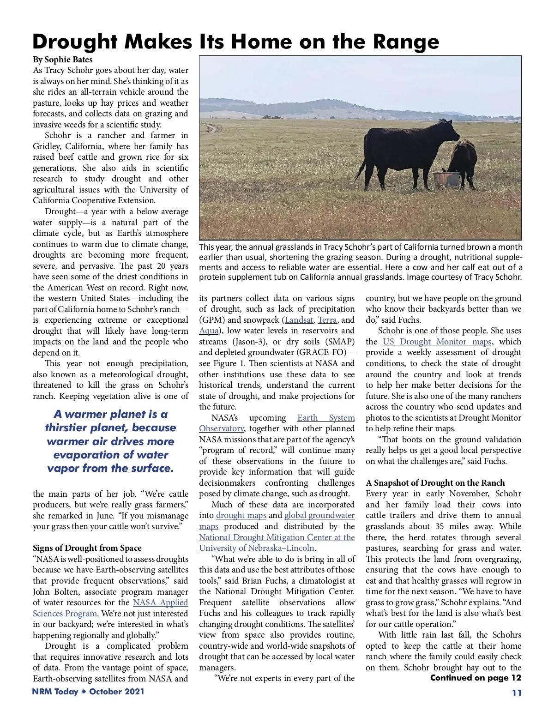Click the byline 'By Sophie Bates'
coord(62,60)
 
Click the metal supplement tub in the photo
coord(446,179)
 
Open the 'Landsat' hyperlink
coord(298,319)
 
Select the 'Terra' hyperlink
coord(327,319)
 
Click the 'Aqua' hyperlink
coord(209,331)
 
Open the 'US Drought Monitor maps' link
coord(437,342)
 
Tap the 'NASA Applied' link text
coord(160,603)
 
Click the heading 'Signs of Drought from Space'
coord(87,548)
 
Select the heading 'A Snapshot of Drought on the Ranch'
coord(435,483)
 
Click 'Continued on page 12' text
coord(476,678)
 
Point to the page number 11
coord(517,693)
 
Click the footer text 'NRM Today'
coord(55,691)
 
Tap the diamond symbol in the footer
coord(84,691)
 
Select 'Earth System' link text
coord(326,418)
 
